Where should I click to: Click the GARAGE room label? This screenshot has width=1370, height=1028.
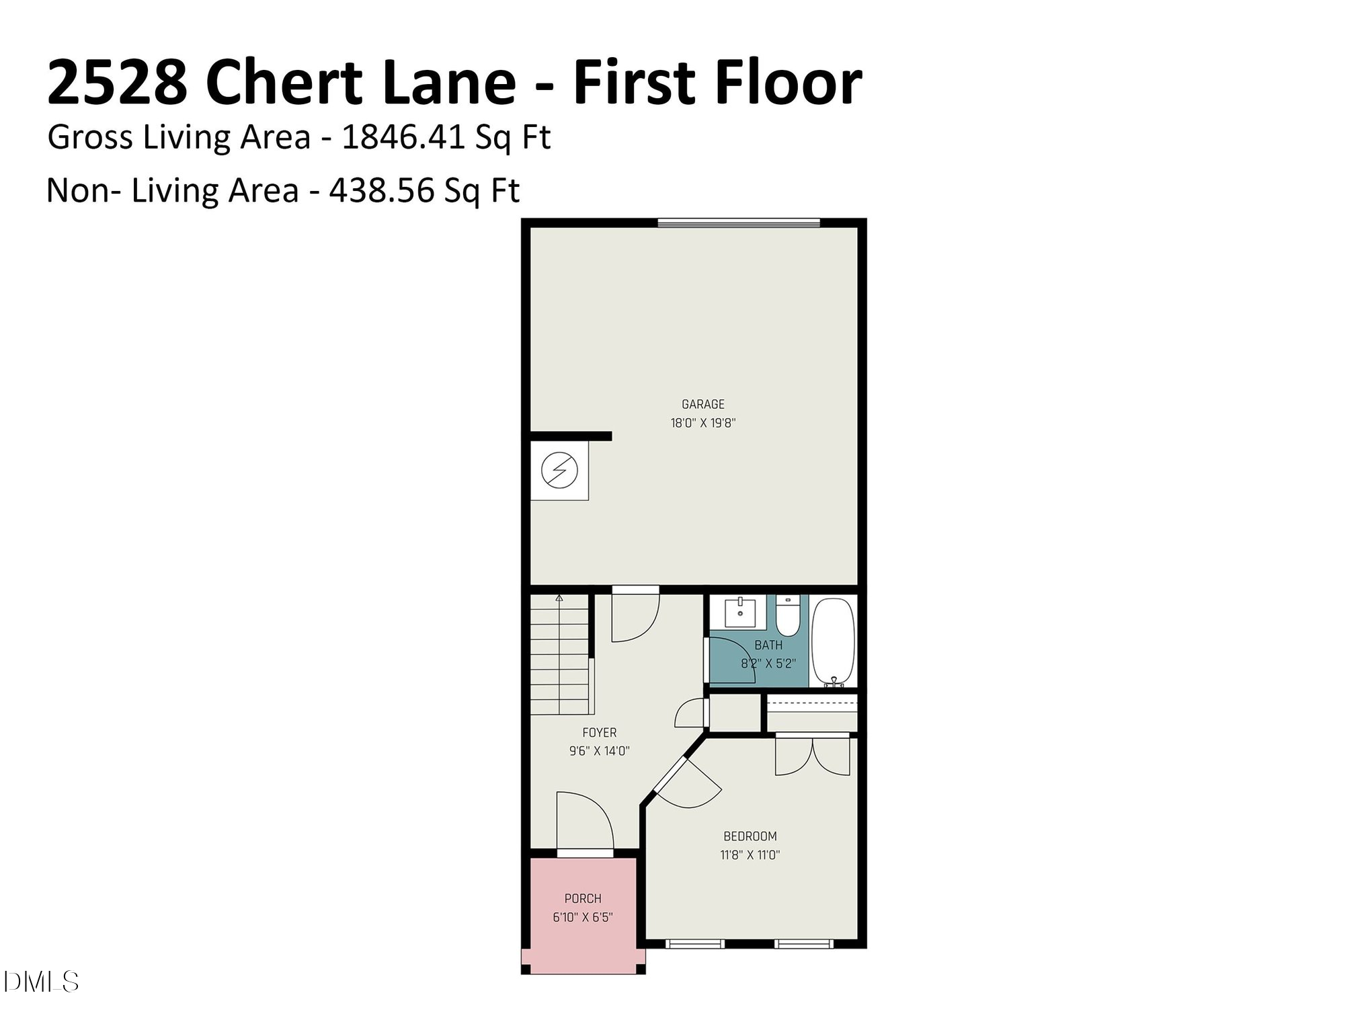702,404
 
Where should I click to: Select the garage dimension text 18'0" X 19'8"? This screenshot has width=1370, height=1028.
702,423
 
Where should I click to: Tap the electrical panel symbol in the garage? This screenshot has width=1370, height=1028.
559,470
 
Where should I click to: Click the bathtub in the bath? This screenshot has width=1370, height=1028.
833,641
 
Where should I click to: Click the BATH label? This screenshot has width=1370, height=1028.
768,645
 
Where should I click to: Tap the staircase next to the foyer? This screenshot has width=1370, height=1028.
559,656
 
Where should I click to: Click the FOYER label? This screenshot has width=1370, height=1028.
599,732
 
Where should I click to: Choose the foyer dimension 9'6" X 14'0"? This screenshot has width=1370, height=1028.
599,751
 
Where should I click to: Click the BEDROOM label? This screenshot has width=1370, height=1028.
750,836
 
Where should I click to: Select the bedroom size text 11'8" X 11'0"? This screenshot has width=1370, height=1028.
750,855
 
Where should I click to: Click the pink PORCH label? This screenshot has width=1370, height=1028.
582,898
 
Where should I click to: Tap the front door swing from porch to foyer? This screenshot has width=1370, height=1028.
583,822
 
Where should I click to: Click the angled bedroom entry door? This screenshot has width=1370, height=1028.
687,783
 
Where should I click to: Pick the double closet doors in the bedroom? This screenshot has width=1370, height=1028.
812,756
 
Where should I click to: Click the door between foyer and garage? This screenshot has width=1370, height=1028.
634,615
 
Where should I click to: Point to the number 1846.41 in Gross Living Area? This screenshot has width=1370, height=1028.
403,137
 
